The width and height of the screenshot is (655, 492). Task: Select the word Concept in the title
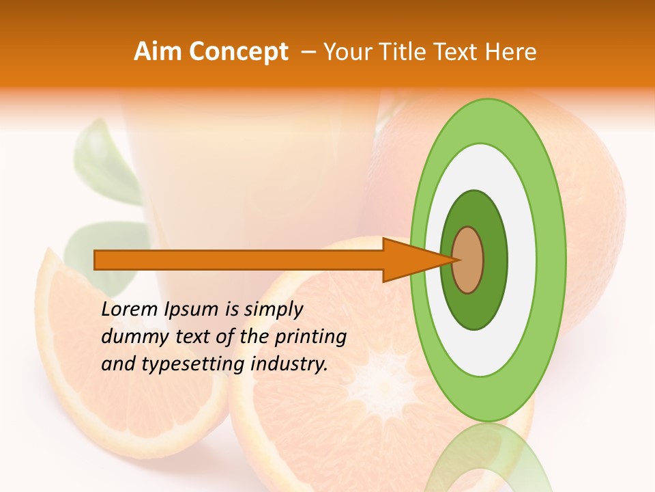click(x=237, y=52)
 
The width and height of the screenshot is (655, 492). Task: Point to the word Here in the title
click(x=510, y=52)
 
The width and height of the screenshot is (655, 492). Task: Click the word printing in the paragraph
click(x=310, y=337)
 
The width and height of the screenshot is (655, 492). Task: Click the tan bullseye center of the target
click(x=468, y=260)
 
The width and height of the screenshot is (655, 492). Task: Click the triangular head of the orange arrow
click(x=409, y=260)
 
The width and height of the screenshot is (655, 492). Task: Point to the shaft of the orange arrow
click(x=239, y=260)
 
